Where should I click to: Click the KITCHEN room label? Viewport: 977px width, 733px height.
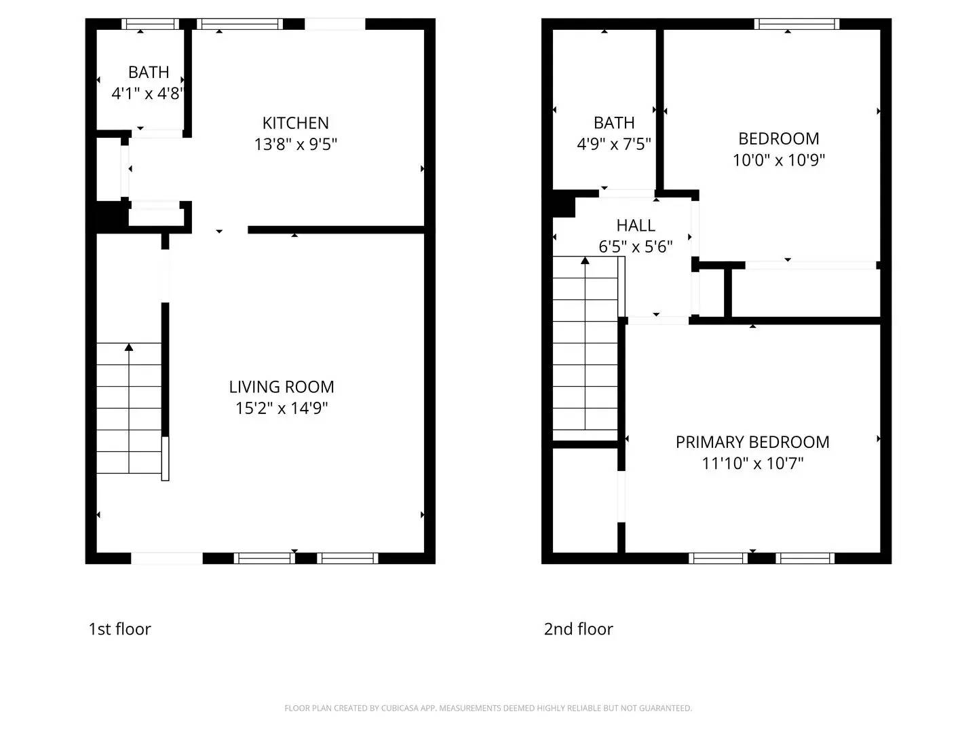295,123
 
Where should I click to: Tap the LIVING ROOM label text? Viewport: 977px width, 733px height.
282,387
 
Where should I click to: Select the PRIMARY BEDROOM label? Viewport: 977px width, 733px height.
752,442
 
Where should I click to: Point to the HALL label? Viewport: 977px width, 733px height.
636,225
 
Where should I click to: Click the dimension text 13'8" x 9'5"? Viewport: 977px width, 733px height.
295,145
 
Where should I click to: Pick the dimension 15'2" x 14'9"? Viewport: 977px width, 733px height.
282,408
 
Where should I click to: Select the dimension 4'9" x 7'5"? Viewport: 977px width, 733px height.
614,144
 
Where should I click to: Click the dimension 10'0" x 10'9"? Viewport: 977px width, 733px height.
779,160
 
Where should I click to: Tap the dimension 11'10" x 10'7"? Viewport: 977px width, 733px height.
752,464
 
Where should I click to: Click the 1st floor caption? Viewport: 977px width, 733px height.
119,629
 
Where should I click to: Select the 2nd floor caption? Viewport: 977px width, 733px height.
578,629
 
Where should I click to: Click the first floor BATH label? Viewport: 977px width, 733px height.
149,72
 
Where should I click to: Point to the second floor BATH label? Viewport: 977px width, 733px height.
614,123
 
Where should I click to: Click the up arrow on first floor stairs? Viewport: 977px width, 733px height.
129,348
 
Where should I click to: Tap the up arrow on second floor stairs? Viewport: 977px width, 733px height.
585,261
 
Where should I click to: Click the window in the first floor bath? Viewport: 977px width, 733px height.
150,24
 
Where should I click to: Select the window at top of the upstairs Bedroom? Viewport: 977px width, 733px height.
797,24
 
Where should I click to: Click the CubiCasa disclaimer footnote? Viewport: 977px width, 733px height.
488,708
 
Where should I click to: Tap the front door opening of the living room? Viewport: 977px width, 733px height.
167,559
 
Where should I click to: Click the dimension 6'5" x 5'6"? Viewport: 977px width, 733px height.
636,247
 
